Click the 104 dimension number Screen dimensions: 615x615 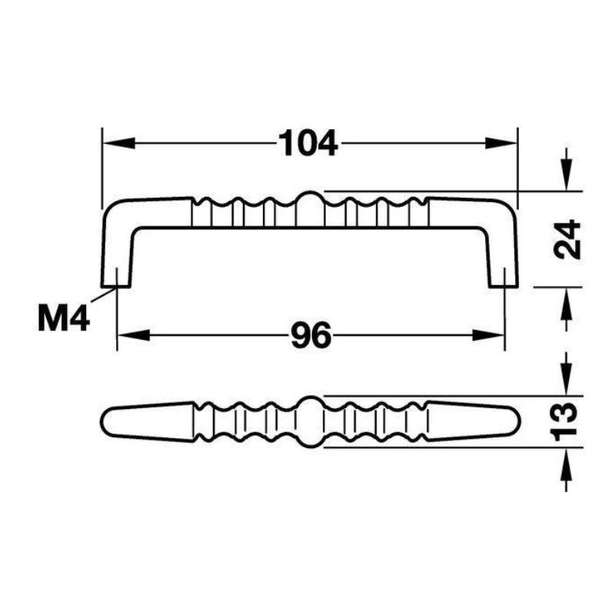coord(308,143)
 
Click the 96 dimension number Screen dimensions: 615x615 coord(311,335)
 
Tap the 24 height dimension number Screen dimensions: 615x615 coord(567,239)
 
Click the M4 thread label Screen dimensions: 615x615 coord(64,318)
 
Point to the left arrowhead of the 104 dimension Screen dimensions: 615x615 coord(118,143)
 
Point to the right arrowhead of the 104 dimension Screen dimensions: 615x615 coord(501,143)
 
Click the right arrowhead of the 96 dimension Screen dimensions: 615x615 coord(488,335)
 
